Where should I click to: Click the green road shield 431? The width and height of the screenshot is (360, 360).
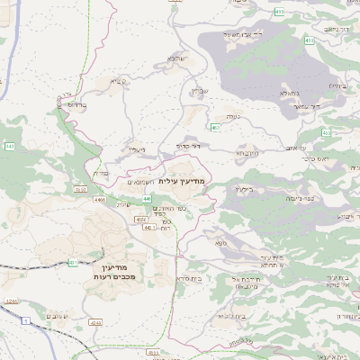(x=71, y=263)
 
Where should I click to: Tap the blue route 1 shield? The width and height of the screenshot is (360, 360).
(x=26, y=319)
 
